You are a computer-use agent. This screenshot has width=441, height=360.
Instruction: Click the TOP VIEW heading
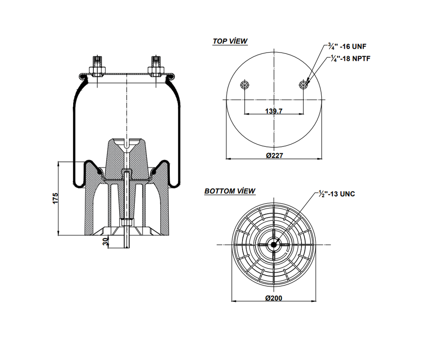coord(230,41)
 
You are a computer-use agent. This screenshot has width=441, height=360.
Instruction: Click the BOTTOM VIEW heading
coord(230,191)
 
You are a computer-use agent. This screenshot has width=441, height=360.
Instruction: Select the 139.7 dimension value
coord(273,111)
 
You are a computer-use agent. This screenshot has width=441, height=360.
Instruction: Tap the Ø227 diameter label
coord(274,155)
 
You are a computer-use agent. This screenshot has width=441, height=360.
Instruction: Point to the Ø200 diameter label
coord(274,298)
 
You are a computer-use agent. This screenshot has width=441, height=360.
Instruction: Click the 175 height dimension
coord(55,199)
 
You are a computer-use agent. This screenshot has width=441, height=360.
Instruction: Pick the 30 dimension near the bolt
coord(105,242)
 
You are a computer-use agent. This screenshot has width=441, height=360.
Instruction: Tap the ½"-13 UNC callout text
coord(337,194)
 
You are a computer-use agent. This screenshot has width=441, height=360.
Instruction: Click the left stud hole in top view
coord(245,84)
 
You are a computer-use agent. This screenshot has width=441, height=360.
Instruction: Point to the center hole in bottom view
coord(273,244)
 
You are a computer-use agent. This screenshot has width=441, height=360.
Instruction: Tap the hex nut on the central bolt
coord(127,222)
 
